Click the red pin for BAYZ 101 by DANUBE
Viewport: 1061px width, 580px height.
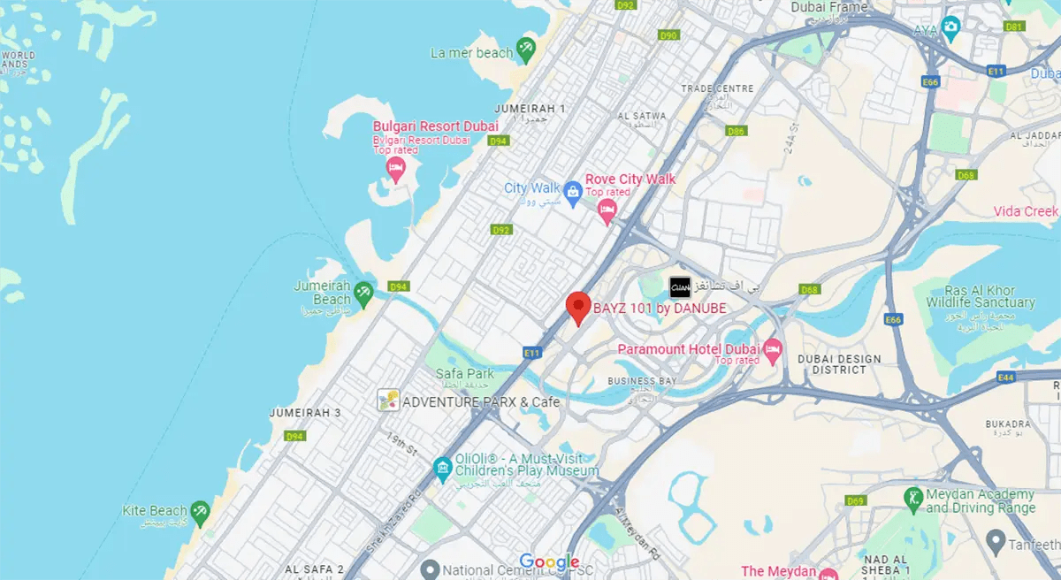click(577, 307)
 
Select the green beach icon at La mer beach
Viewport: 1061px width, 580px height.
click(527, 48)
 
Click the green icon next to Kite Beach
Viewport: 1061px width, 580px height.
click(201, 510)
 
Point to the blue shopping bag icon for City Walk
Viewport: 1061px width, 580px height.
click(573, 191)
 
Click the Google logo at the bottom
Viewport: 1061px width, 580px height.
click(549, 562)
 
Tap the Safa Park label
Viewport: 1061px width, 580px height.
click(464, 374)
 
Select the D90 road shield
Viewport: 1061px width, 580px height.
click(668, 35)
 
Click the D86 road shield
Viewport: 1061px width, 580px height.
click(736, 131)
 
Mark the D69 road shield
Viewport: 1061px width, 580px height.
click(854, 501)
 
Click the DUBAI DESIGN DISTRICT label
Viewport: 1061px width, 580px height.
click(839, 364)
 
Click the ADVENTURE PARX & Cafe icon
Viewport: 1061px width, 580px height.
click(387, 401)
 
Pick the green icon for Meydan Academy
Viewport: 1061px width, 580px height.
click(913, 498)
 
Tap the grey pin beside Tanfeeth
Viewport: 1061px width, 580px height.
click(995, 539)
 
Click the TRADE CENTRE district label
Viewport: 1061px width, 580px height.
click(717, 88)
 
